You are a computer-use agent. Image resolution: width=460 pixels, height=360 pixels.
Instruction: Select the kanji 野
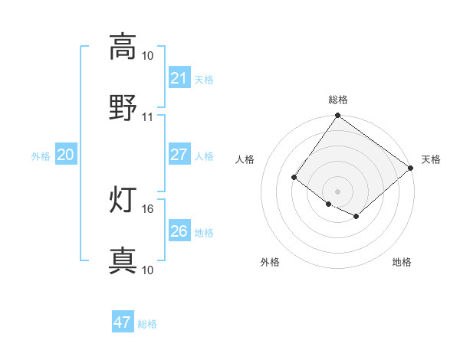[123, 107]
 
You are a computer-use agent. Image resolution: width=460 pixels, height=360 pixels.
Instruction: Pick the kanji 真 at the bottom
[123, 260]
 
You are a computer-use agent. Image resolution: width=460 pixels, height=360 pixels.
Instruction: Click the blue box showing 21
[179, 77]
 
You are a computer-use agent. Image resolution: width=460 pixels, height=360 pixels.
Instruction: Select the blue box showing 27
[179, 154]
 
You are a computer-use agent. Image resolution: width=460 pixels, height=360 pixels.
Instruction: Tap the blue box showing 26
[179, 231]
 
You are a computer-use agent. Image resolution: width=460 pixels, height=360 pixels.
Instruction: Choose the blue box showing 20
[65, 155]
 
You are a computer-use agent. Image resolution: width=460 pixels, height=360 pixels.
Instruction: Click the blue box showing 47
[123, 322]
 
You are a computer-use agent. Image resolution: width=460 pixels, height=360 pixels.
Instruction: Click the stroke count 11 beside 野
[148, 116]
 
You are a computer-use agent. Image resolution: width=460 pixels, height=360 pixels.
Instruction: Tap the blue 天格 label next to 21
[204, 79]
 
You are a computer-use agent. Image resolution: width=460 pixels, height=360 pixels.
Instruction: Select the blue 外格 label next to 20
[41, 155]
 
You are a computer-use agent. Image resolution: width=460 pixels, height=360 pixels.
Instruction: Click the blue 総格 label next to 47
[147, 324]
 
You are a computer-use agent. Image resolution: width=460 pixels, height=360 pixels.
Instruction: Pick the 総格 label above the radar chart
[338, 100]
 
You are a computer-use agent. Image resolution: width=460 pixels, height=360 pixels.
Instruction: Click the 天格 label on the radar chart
[431, 159]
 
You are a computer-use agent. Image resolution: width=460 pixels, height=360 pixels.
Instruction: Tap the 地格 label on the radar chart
[402, 262]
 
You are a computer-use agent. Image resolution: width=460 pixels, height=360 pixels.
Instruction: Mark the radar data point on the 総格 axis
[338, 116]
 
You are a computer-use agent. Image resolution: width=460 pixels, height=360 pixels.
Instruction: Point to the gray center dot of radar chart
[338, 191]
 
